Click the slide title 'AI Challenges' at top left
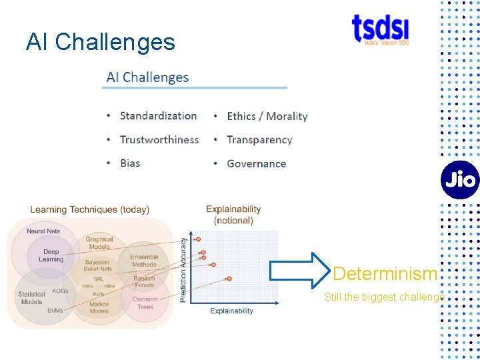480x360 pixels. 101,42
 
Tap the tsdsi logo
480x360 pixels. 381,29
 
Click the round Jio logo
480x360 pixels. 459,180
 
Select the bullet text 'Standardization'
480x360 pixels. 158,115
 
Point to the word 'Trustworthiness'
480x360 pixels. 159,139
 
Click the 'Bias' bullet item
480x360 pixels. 130,163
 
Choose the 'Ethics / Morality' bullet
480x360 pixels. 267,116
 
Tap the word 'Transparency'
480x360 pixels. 259,139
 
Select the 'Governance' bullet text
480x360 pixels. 256,163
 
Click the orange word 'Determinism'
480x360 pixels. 385,273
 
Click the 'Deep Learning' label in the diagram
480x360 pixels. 51,255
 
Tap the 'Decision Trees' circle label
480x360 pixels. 145,303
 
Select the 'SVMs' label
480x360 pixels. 55,311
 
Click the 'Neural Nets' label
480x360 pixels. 43,231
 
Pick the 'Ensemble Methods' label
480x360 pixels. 144,261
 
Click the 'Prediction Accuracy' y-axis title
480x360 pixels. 183,270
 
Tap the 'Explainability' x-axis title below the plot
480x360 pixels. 231,311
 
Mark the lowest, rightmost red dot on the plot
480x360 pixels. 229,278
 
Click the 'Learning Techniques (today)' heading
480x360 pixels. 89,209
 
